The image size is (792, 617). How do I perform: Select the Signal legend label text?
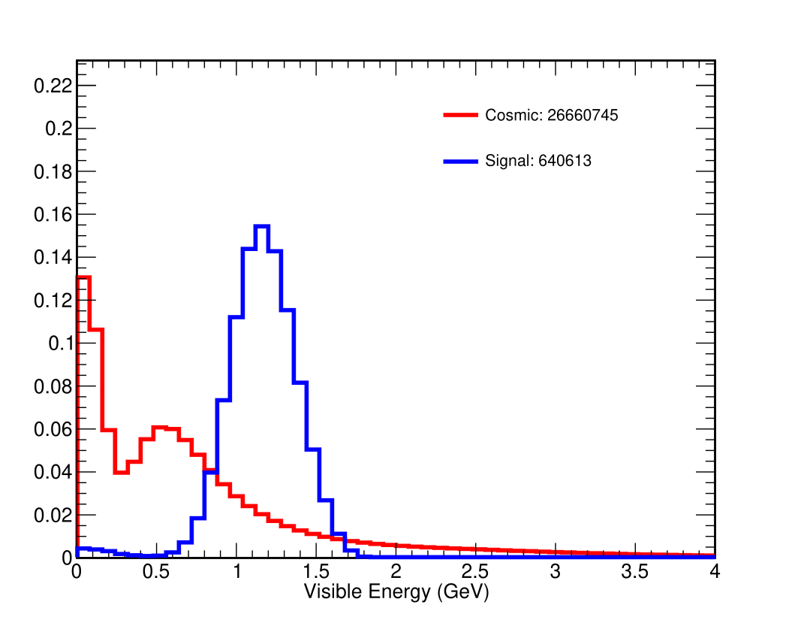pyautogui.click(x=538, y=161)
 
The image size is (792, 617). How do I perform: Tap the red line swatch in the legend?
pyautogui.click(x=460, y=115)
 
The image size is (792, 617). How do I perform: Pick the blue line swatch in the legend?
pyautogui.click(x=460, y=161)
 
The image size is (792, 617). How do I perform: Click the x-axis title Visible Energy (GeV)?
pyautogui.click(x=396, y=592)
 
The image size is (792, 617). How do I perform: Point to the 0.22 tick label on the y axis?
pyautogui.click(x=53, y=86)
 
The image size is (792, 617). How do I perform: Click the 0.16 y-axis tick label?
pyautogui.click(x=53, y=215)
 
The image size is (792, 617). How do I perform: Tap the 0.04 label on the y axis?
pyautogui.click(x=53, y=473)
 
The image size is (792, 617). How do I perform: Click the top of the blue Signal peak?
pyautogui.click(x=261, y=226)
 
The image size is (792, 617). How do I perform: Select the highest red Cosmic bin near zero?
pyautogui.click(x=83, y=277)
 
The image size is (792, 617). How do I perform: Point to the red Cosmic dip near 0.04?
pyautogui.click(x=121, y=472)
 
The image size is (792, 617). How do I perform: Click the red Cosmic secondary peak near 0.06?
pyautogui.click(x=159, y=427)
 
